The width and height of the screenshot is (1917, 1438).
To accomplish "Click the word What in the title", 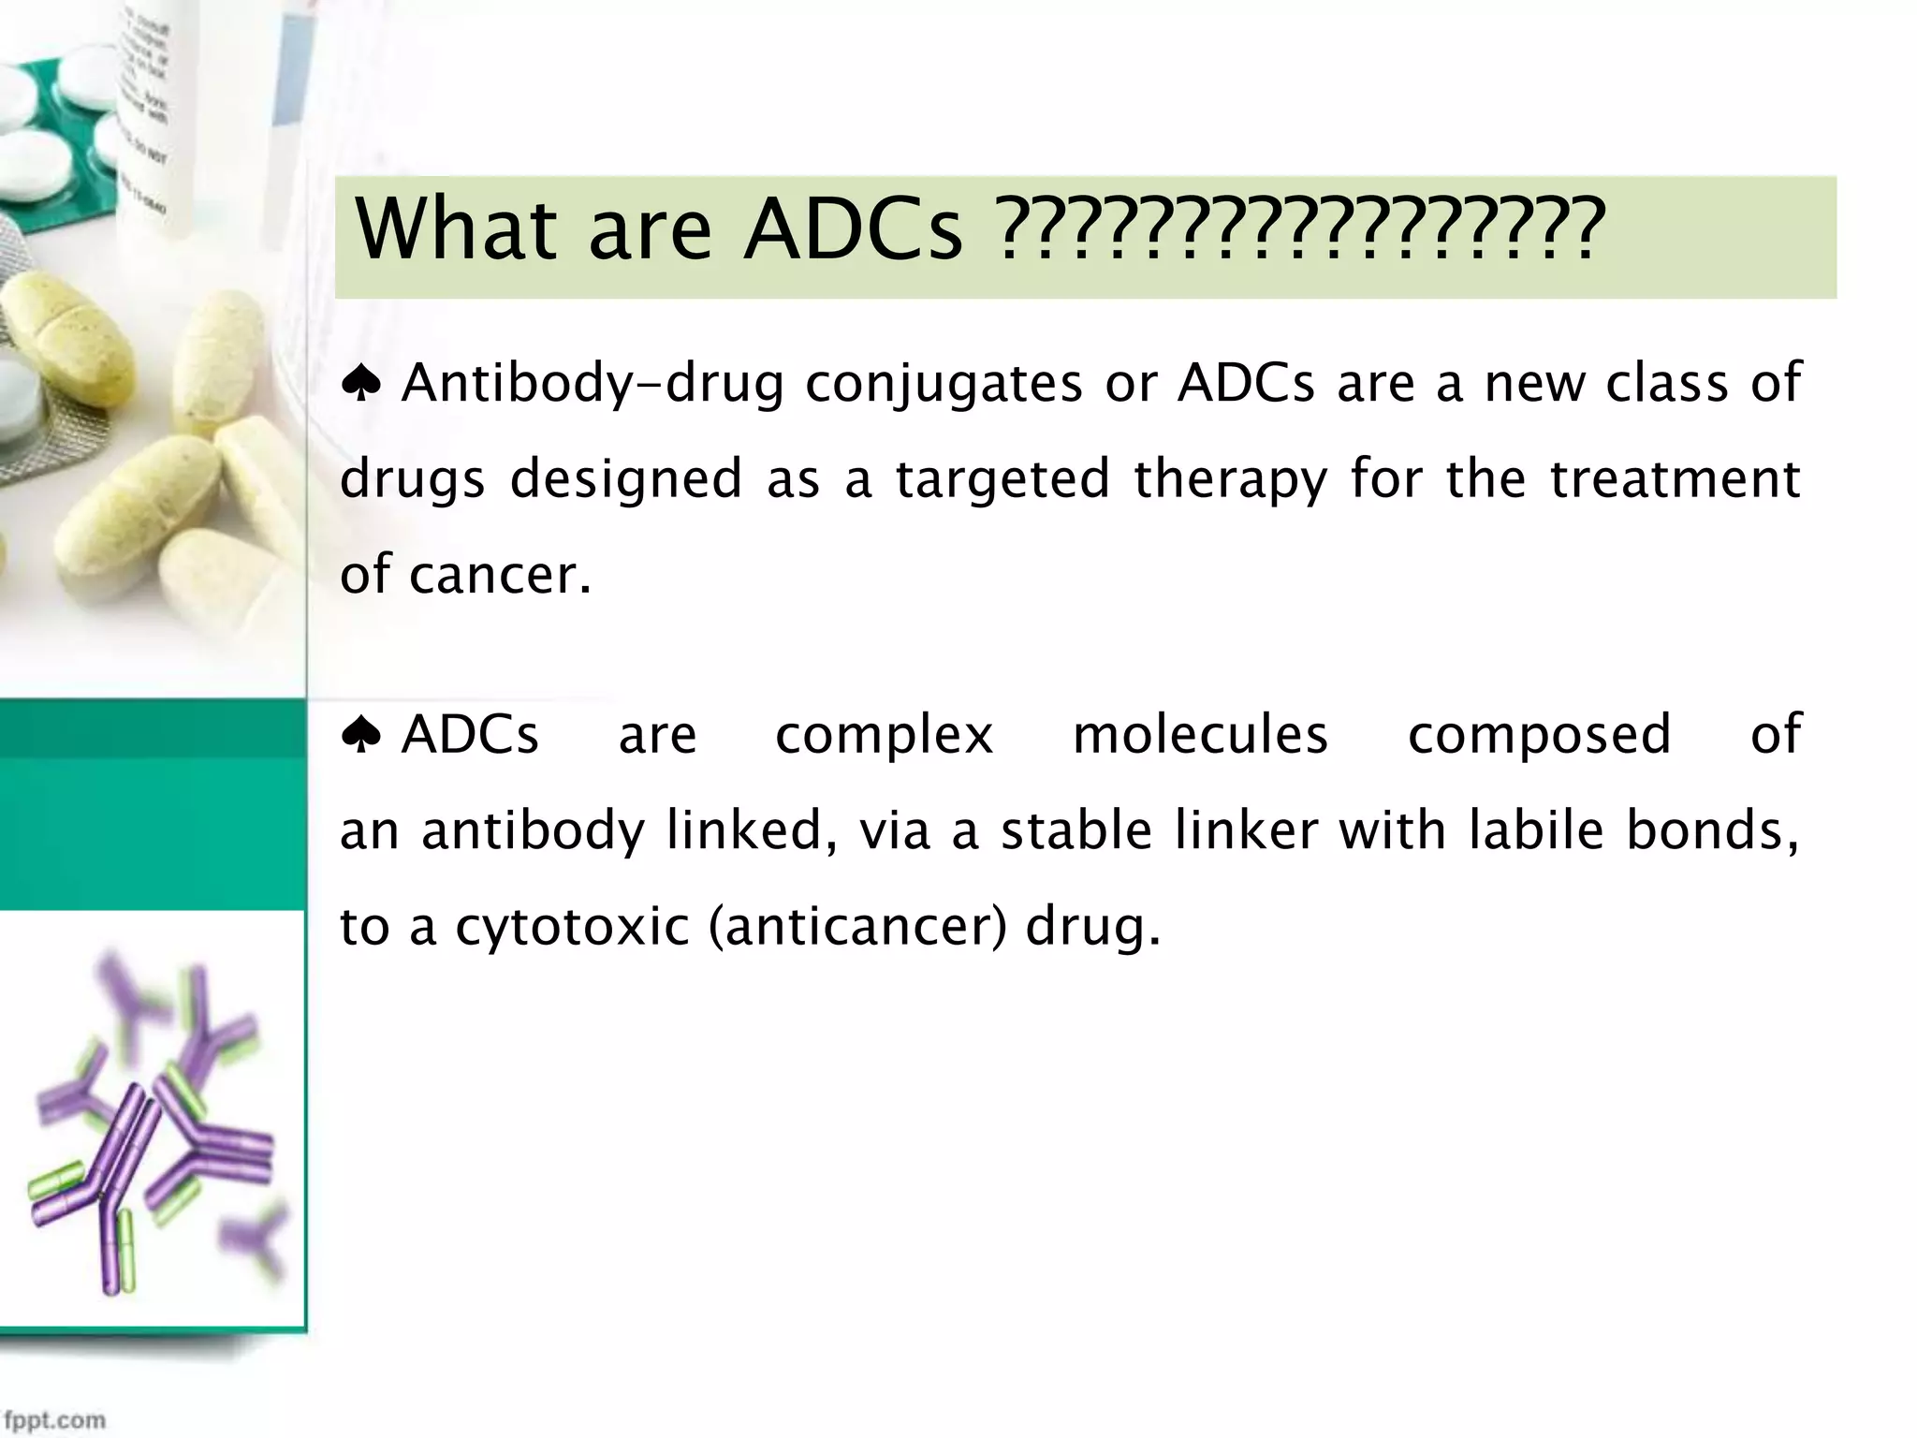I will pos(457,229).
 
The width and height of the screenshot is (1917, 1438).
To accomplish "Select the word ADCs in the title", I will pos(852,229).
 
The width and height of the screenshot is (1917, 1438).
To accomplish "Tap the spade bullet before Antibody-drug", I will pos(360,384).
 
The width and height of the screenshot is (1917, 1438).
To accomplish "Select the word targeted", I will pos(1002,479).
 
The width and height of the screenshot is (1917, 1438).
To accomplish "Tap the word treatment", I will pos(1675,479).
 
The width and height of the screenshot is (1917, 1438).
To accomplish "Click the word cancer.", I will pos(500,575).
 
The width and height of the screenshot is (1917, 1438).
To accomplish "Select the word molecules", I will pos(1200,735).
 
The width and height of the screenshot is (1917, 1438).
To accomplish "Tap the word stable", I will pos(1076,830).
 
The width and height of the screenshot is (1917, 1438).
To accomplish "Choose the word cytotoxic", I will pos(572,928).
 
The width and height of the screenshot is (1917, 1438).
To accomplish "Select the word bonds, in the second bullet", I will pos(1712,830).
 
